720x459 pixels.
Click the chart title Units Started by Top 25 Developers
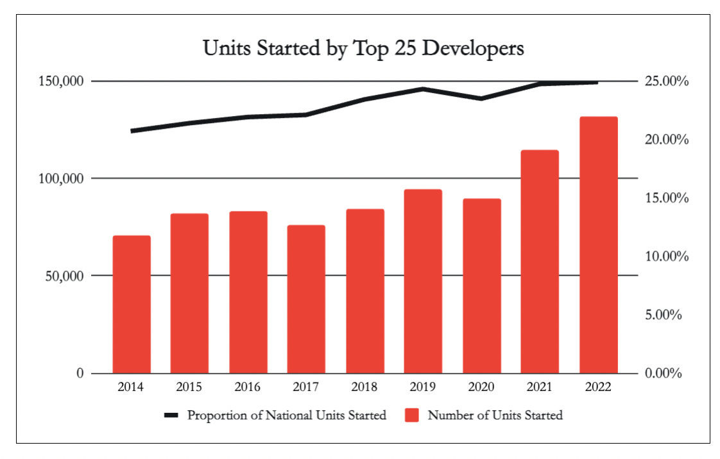(x=363, y=49)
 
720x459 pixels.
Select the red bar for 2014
(x=132, y=305)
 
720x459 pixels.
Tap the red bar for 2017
(x=306, y=299)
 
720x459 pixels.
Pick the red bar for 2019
(x=423, y=281)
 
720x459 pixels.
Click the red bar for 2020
(x=481, y=286)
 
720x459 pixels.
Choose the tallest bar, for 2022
(x=598, y=245)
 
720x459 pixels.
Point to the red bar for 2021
(x=540, y=262)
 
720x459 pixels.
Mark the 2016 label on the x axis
(x=248, y=387)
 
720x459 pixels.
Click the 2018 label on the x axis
(x=364, y=387)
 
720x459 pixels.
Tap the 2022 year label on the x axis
(x=598, y=387)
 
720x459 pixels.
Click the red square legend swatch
(x=412, y=415)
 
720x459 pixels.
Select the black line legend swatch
(x=171, y=415)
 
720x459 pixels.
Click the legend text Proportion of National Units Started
(x=286, y=415)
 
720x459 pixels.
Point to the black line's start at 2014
(x=132, y=131)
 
